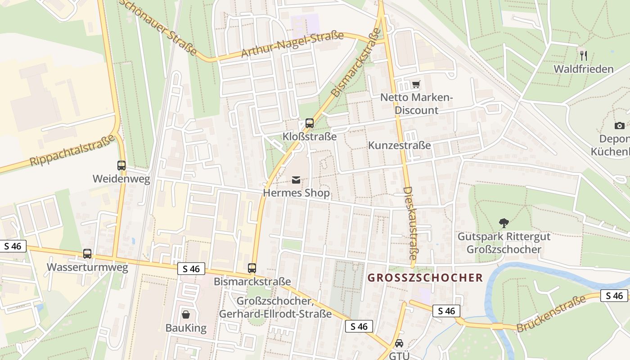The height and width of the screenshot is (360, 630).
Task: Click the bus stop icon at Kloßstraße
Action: tap(309, 123)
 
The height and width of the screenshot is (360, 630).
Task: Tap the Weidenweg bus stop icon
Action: tap(121, 166)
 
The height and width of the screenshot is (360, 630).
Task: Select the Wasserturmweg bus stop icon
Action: tap(87, 254)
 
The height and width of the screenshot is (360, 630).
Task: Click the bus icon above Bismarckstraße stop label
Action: tap(252, 268)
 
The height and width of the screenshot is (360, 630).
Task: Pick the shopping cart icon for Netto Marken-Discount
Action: tap(416, 85)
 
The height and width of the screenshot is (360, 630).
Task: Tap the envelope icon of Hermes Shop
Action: tap(296, 180)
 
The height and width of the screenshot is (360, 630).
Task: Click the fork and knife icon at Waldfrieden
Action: tap(584, 56)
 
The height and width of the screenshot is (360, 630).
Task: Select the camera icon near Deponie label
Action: tap(620, 126)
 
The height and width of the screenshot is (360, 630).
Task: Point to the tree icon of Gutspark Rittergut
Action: tap(504, 222)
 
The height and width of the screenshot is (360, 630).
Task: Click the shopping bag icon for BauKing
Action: tap(185, 314)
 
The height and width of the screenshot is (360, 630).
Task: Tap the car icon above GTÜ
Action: tap(399, 343)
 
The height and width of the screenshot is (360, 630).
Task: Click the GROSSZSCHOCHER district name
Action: tap(425, 278)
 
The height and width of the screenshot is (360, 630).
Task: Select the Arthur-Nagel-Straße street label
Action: tap(292, 45)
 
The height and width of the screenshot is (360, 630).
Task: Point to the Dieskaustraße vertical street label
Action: tap(411, 223)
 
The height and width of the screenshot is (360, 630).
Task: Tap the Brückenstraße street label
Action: tap(551, 314)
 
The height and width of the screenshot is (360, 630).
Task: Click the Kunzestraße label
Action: tap(399, 145)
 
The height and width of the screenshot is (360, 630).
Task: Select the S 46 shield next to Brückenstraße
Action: tap(614, 296)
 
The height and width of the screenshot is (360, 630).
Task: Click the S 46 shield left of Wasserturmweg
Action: tap(13, 246)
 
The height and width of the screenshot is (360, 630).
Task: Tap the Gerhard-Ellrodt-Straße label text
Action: tap(275, 314)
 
